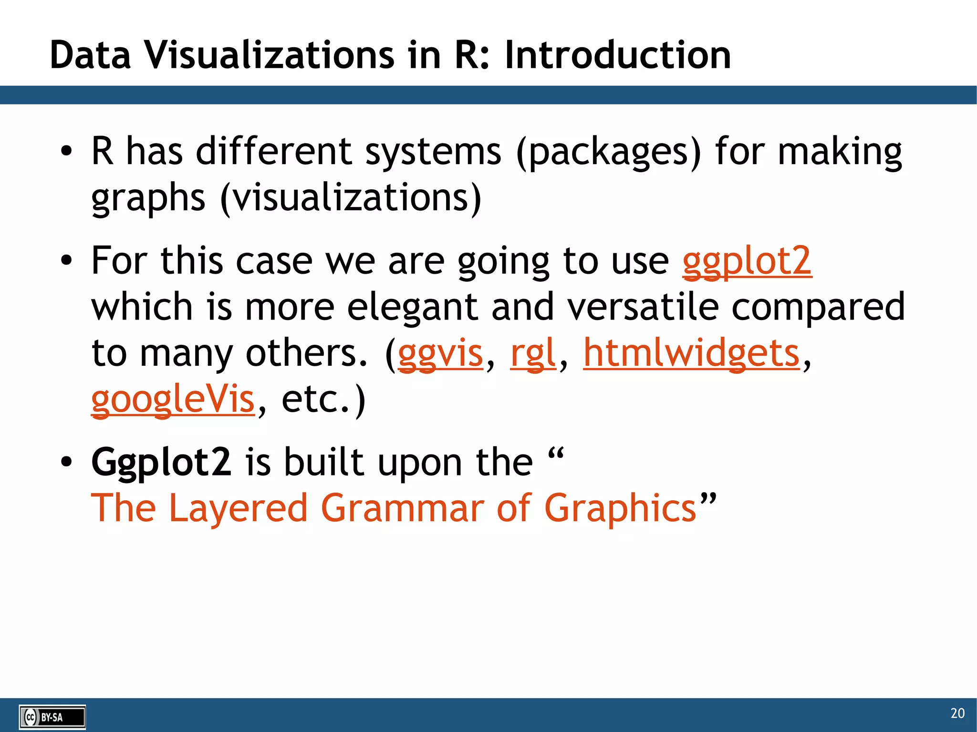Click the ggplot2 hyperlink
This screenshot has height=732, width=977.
click(747, 261)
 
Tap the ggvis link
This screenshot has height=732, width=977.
click(440, 353)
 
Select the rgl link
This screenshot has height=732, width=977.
click(533, 353)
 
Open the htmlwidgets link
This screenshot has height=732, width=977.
click(691, 353)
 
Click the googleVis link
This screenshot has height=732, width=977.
click(173, 399)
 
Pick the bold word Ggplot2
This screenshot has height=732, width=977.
click(161, 462)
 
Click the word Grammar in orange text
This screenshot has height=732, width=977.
click(403, 508)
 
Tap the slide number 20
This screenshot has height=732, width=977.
click(957, 713)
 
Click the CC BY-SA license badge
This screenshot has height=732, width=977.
click(52, 717)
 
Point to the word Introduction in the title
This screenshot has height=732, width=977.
click(617, 55)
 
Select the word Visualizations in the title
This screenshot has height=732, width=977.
click(270, 55)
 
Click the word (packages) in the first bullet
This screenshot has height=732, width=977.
click(609, 152)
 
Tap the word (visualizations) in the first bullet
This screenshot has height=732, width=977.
click(351, 197)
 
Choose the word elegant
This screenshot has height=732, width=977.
click(412, 307)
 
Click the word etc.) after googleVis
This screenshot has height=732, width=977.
click(323, 399)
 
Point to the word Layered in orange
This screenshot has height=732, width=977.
click(238, 508)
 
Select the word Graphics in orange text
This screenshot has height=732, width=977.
click(620, 508)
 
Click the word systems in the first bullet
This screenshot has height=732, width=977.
click(433, 152)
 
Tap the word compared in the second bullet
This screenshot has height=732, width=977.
click(818, 307)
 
